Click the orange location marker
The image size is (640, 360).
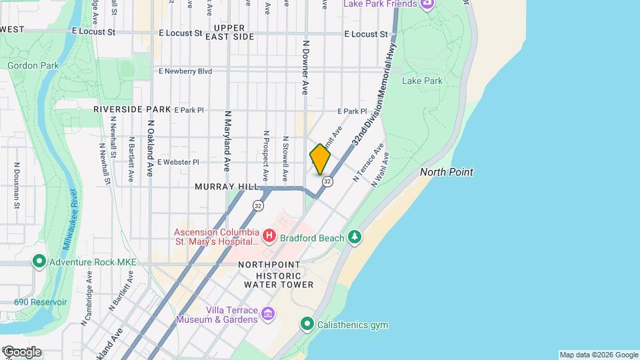pos(320,159)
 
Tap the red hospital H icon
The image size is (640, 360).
pos(269,235)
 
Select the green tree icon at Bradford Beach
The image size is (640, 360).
pos(356,237)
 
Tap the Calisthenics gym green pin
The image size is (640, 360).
pos(307,325)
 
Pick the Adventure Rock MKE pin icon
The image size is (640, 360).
pos(39,262)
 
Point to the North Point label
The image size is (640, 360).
pos(447,172)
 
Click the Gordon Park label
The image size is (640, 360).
pos(33,65)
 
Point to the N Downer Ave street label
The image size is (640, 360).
pos(306,66)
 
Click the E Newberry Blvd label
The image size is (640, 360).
pos(185,71)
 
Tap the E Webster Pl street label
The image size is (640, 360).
pos(178,162)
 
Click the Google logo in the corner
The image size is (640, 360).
pos(21,352)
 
